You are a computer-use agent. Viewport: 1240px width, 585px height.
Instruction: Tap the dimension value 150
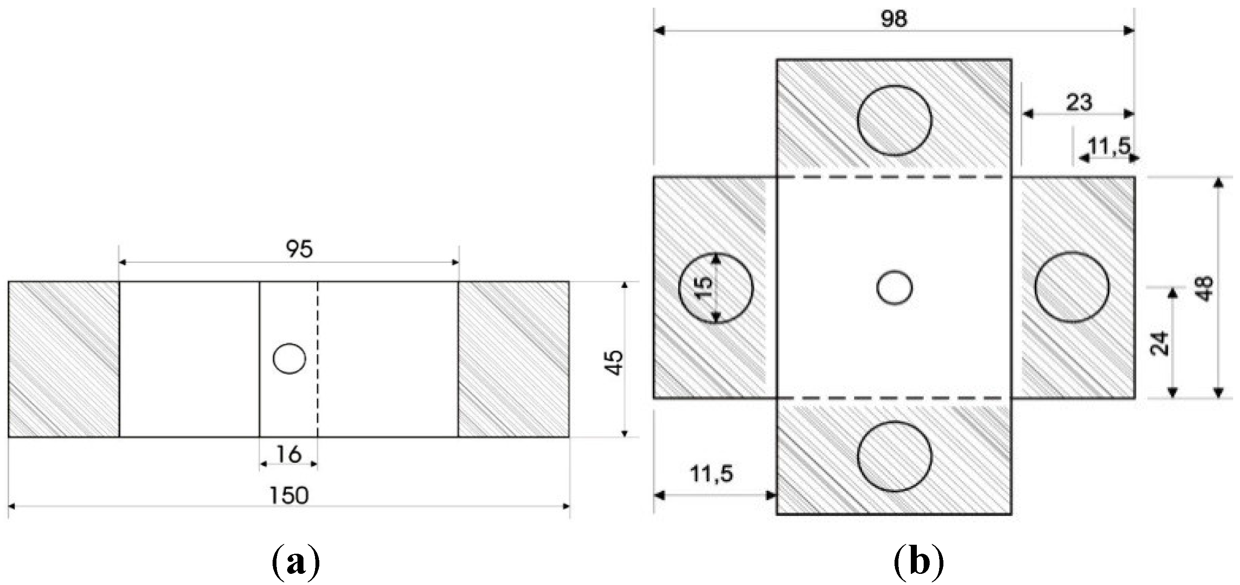[x=288, y=495]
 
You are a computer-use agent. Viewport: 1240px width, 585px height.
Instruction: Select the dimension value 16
[x=289, y=454]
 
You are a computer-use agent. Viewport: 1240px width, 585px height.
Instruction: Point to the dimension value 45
[x=615, y=363]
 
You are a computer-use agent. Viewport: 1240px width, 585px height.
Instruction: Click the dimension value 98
[x=894, y=19]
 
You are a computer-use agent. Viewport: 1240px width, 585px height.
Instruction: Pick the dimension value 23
[x=1079, y=102]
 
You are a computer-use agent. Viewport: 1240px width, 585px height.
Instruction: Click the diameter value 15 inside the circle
[x=704, y=288]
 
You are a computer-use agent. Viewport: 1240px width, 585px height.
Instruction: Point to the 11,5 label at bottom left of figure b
[x=711, y=475]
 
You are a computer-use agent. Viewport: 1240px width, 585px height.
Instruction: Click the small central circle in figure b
[x=894, y=288]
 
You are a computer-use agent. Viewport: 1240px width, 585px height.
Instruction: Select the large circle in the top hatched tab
[x=894, y=120]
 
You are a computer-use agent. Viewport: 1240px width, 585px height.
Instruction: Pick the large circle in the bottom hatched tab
[x=894, y=456]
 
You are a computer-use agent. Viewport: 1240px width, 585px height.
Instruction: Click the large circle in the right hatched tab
[x=1072, y=287]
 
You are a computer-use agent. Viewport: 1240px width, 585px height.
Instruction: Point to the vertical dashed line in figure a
[x=318, y=358]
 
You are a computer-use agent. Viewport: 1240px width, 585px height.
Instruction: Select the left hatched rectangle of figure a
[x=63, y=359]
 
